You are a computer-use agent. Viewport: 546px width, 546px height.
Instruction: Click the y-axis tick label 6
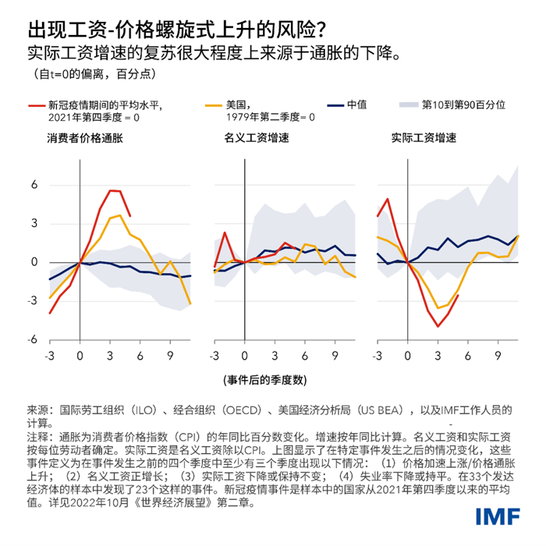coord(34,185)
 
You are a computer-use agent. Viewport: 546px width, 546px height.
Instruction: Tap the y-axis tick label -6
coord(32,340)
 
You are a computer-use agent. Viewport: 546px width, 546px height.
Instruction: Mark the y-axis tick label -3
coord(32,301)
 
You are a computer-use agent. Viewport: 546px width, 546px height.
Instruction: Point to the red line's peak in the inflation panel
coord(112,190)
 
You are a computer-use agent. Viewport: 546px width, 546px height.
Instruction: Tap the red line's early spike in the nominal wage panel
coord(225,232)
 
